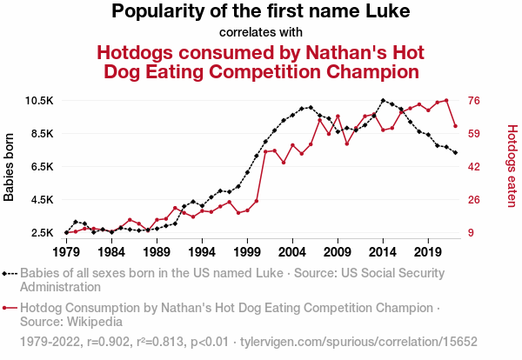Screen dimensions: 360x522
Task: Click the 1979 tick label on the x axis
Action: [x=66, y=251]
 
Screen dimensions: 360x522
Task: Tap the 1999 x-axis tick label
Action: [x=247, y=251]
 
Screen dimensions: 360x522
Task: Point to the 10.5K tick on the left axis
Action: [x=38, y=101]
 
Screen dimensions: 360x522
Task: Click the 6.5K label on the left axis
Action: [x=41, y=167]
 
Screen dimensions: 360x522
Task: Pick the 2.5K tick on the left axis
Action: [x=41, y=233]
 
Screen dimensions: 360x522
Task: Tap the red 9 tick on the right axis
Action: [x=472, y=233]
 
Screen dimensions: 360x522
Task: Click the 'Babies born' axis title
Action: [x=10, y=167]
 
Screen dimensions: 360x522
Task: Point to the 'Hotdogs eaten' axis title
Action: [x=512, y=167]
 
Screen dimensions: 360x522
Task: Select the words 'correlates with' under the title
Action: [x=260, y=33]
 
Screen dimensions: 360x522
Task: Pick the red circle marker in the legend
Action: [x=8, y=307]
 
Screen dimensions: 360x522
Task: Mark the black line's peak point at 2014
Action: [x=383, y=100]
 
